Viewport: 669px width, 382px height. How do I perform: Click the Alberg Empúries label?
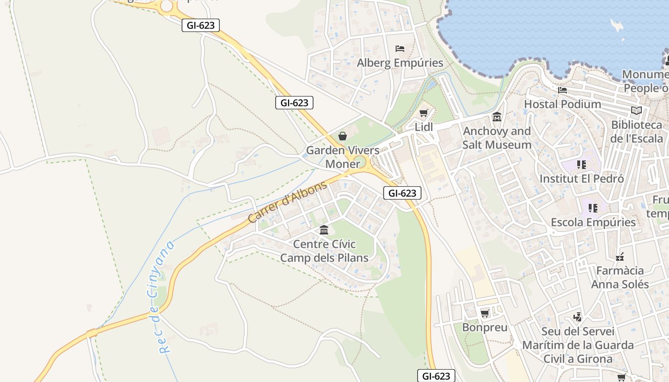400,63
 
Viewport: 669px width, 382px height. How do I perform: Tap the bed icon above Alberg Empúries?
400,49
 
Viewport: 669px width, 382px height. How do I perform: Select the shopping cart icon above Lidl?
423,113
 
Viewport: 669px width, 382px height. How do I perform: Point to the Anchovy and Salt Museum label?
496,138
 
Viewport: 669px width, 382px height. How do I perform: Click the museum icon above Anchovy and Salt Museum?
497,117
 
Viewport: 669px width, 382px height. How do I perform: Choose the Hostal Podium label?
562,104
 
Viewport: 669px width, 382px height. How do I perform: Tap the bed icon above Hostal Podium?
562,90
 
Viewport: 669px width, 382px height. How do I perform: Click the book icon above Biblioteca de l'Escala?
636,111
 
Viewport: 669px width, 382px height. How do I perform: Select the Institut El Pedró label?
582,179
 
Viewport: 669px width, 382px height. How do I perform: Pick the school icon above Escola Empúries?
593,208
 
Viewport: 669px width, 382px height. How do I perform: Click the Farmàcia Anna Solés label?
620,277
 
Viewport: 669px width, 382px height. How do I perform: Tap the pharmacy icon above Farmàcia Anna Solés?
620,257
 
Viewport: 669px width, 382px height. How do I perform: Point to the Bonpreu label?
485,328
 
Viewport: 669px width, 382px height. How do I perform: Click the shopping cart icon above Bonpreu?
485,314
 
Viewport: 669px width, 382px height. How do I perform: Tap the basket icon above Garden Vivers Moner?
343,136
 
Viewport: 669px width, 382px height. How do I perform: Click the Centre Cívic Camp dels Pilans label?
324,251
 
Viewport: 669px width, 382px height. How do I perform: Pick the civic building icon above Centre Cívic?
324,230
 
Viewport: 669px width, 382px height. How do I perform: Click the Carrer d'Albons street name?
288,202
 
